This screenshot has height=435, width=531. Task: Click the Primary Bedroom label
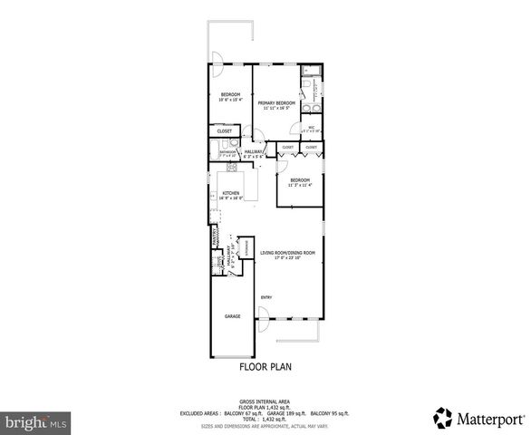pos(275,103)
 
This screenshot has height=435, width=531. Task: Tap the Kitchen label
pos(230,193)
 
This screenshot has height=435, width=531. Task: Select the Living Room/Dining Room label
pos(287,252)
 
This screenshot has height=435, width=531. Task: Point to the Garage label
pos(232,316)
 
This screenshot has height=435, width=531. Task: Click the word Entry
pos(266,297)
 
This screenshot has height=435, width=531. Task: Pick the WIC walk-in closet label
pos(311,127)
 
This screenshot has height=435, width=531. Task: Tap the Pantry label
pos(215,237)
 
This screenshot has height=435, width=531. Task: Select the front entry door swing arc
pos(264,314)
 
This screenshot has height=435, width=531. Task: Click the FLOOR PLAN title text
pos(265,367)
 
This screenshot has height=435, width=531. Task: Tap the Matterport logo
pos(478,420)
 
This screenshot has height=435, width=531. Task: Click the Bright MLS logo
pos(35,422)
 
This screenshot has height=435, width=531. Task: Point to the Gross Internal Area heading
pos(265,400)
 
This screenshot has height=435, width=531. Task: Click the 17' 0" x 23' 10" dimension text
pos(287,258)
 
